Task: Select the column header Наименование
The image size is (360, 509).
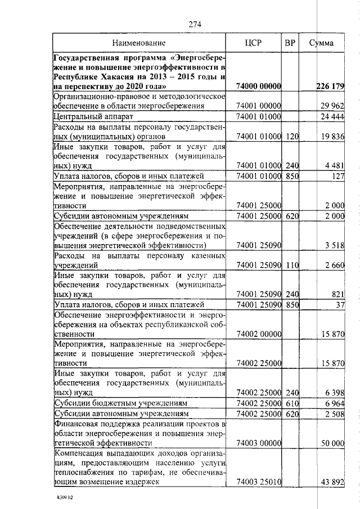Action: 138,43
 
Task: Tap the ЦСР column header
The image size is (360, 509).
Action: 253,43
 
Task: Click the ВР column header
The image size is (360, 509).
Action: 290,43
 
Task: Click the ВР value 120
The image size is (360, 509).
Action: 291,137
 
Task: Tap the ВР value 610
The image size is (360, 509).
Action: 291,404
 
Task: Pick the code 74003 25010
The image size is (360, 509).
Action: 259,482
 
